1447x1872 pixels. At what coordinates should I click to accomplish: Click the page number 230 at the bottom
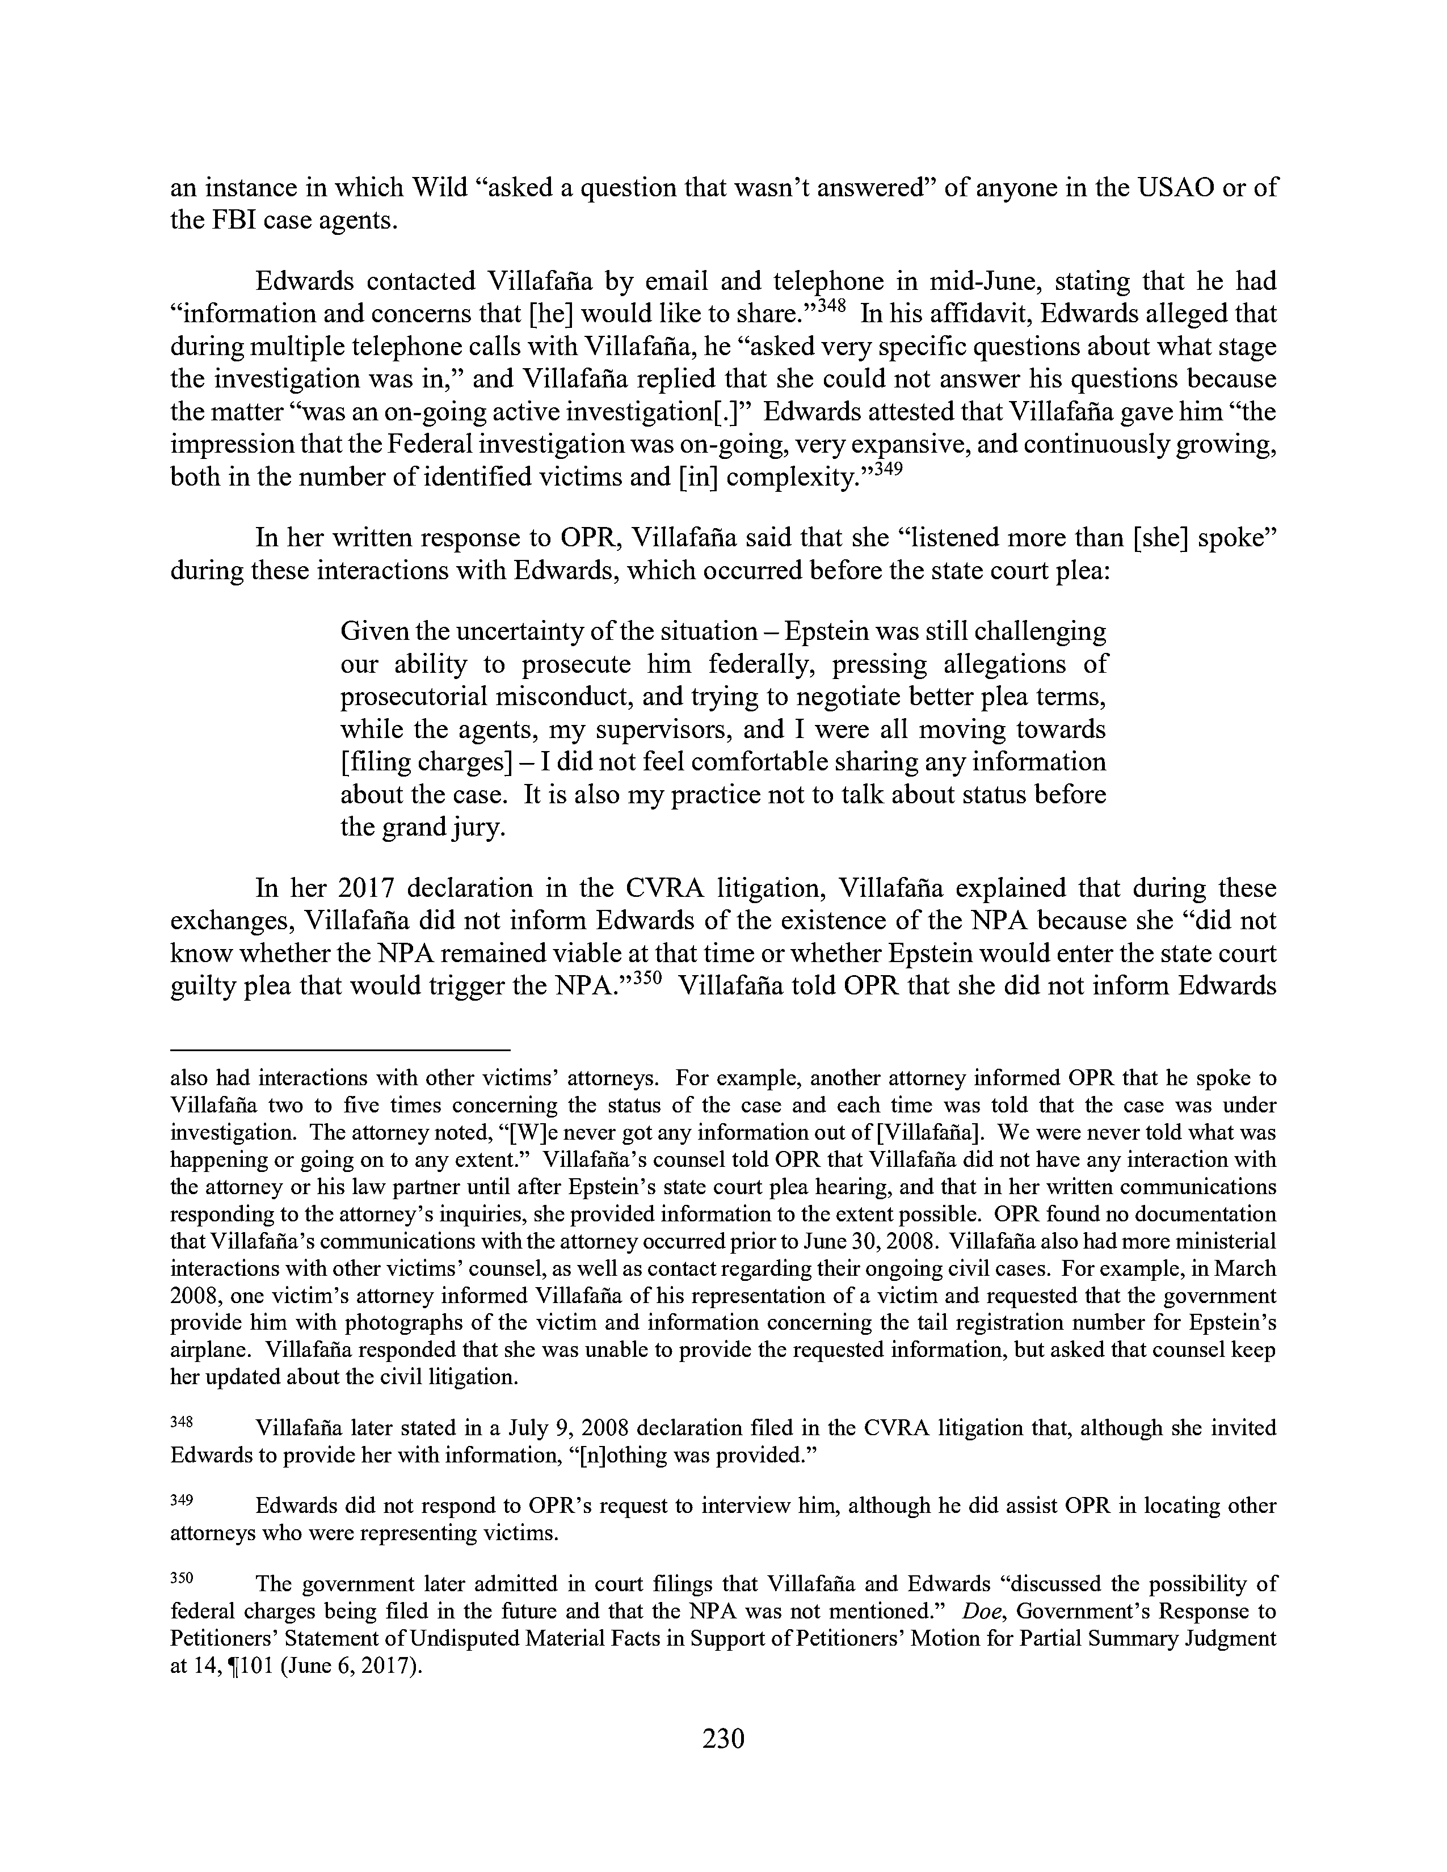[x=722, y=1738]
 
